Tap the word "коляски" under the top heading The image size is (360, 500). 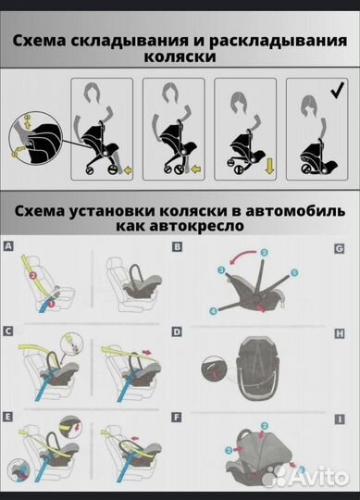[x=180, y=57]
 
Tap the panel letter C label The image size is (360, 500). [x=8, y=330]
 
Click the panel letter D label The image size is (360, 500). [x=177, y=330]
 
